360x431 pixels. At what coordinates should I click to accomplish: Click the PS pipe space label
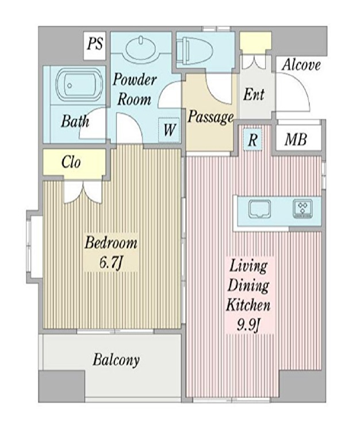coord(95,44)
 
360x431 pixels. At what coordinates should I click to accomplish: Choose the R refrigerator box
coord(252,140)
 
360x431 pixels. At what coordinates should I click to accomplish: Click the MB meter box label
coord(296,140)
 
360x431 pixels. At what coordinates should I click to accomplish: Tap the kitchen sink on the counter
coord(259,209)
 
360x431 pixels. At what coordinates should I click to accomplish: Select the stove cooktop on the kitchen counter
coord(303,209)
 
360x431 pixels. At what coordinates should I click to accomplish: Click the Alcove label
coord(301,65)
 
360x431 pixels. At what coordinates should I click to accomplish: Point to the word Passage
coord(211,117)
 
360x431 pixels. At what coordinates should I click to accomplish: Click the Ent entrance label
coord(254,94)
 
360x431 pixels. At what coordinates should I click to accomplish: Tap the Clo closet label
coord(71,162)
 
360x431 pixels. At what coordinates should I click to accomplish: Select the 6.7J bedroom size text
coord(110,263)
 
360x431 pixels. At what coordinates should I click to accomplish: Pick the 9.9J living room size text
coord(248,325)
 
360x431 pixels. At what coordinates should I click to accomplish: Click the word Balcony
coord(116,360)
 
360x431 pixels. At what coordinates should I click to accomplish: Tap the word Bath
coord(75,121)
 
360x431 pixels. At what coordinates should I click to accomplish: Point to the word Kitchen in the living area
coord(248,305)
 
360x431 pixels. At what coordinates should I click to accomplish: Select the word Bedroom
coord(111,243)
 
